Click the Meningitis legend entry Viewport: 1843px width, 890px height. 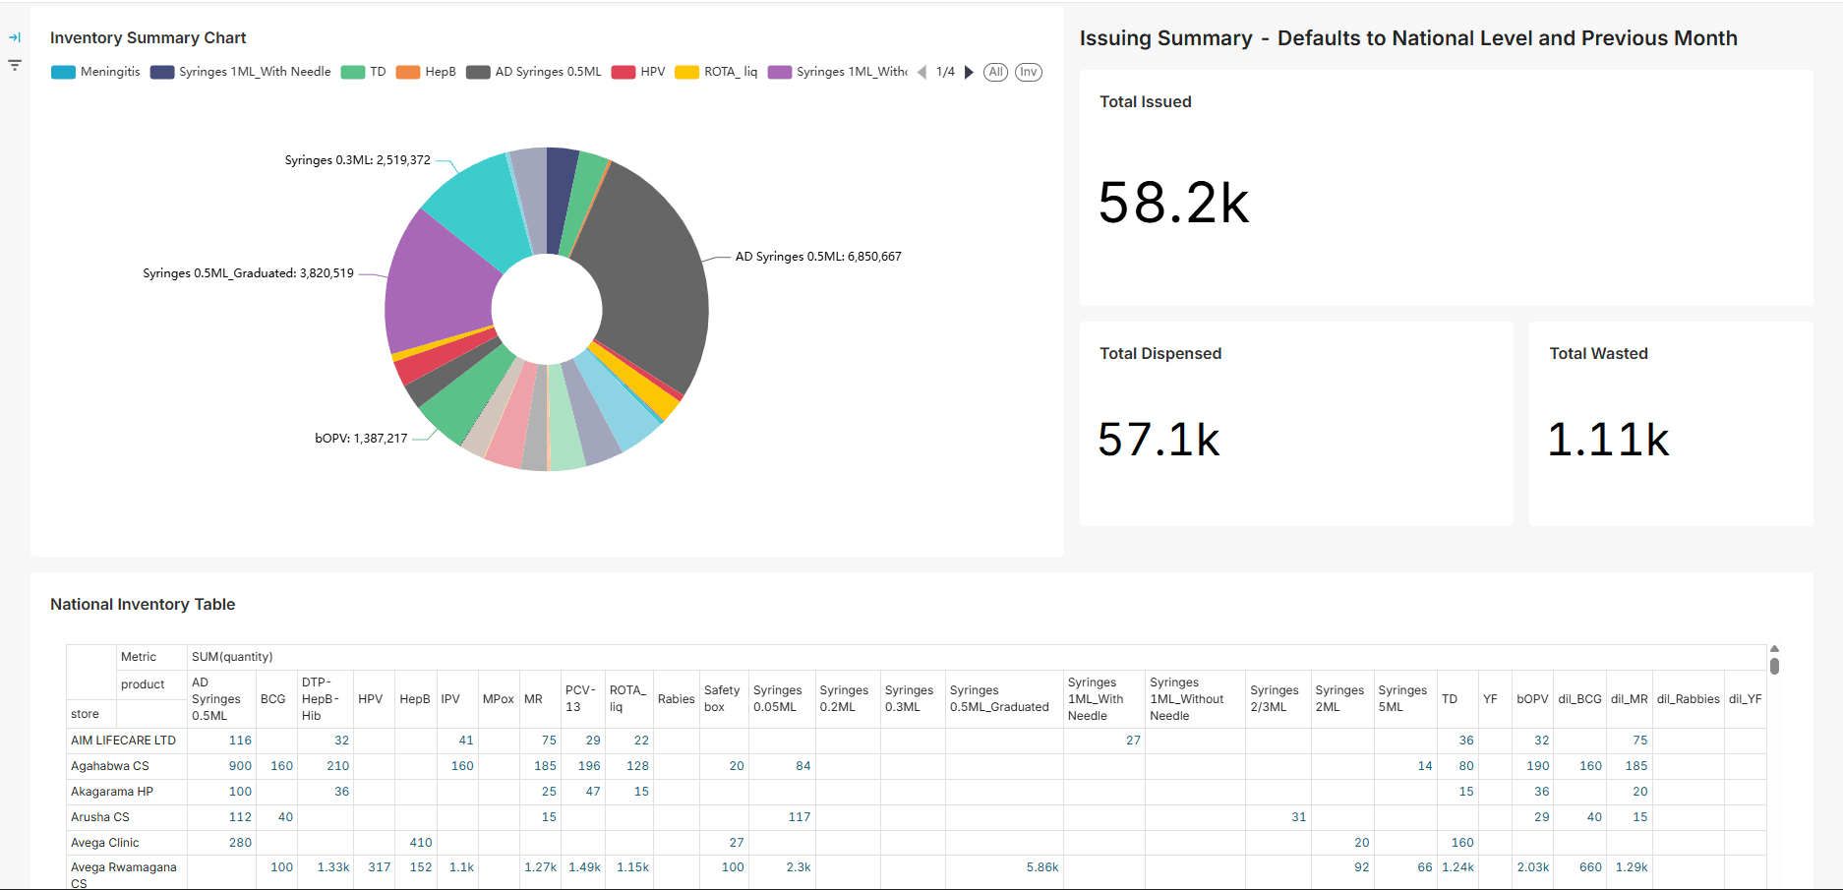95,72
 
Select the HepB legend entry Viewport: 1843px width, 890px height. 426,72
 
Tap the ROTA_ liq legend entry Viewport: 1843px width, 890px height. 716,72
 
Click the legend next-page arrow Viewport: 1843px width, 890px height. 969,72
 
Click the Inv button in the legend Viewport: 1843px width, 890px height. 1028,72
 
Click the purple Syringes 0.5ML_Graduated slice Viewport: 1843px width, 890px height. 438,285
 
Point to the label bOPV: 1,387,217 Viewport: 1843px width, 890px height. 361,439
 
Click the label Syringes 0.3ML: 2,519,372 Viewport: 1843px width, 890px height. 357,160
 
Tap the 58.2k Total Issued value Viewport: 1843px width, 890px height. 1173,204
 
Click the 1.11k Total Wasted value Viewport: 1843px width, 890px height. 1608,440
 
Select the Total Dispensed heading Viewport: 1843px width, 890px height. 1160,354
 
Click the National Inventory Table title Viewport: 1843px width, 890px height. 143,605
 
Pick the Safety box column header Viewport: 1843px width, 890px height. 721,698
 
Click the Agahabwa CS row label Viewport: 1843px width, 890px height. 110,766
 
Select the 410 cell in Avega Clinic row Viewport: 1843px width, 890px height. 421,843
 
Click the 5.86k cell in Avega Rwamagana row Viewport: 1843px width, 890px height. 1042,867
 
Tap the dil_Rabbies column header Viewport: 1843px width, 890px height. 1688,699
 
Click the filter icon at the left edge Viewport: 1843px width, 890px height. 15,65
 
